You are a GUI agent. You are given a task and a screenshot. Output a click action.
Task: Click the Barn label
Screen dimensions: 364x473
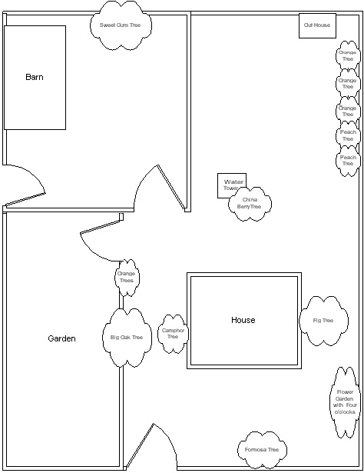pyautogui.click(x=35, y=77)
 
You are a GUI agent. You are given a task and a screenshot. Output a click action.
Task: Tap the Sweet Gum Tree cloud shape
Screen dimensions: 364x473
pyautogui.click(x=121, y=25)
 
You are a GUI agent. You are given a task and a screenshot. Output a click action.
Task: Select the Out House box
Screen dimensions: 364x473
pyautogui.click(x=317, y=25)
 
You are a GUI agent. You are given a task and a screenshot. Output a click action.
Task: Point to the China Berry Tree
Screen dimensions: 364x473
pyautogui.click(x=250, y=204)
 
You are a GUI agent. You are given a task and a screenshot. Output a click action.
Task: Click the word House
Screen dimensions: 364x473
pyautogui.click(x=243, y=320)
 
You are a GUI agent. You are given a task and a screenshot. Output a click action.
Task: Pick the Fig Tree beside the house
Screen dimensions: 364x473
pyautogui.click(x=323, y=321)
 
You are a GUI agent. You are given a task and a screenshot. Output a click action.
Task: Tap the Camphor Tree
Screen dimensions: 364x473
pyautogui.click(x=173, y=334)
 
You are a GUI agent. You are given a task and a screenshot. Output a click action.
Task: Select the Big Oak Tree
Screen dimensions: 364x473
pyautogui.click(x=127, y=338)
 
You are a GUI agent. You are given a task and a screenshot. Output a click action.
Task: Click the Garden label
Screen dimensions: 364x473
pyautogui.click(x=61, y=338)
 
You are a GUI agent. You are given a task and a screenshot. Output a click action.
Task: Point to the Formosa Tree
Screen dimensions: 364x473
pyautogui.click(x=262, y=450)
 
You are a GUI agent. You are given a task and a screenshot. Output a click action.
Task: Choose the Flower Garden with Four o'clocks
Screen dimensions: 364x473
pyautogui.click(x=345, y=402)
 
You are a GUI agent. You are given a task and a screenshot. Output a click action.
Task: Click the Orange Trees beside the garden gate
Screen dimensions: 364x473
pyautogui.click(x=127, y=277)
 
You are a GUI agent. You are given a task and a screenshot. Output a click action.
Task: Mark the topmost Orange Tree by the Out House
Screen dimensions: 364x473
pyautogui.click(x=348, y=55)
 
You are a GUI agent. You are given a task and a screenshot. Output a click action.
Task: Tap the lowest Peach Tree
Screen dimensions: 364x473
pyautogui.click(x=348, y=161)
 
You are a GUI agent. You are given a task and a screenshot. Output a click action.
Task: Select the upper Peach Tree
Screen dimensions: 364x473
pyautogui.click(x=348, y=135)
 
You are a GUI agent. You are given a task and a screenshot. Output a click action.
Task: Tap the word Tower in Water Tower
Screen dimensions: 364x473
pyautogui.click(x=230, y=188)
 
